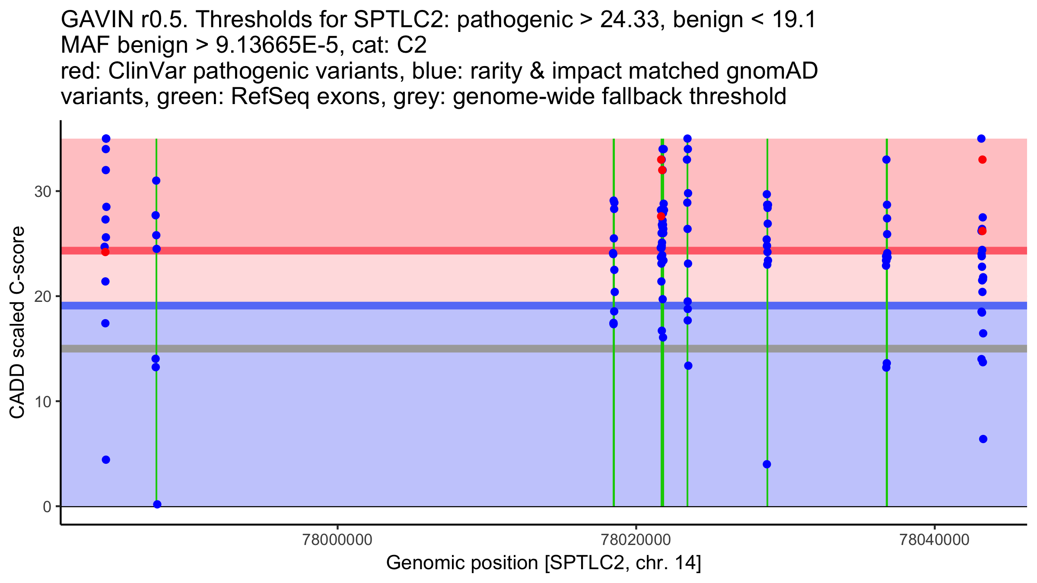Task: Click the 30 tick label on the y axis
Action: pos(42,191)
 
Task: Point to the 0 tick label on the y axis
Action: pos(47,507)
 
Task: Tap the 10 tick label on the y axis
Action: pos(42,402)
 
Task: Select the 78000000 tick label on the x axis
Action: pos(337,540)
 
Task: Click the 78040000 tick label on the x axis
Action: pos(935,540)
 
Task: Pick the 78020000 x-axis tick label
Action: pos(636,540)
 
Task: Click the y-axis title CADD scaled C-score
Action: pos(17,323)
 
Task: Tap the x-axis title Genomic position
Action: pos(543,563)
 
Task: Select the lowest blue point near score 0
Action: pos(157,504)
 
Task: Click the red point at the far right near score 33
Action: pos(982,160)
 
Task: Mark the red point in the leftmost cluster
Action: pos(105,252)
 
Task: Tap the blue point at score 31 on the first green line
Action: pos(156,181)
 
